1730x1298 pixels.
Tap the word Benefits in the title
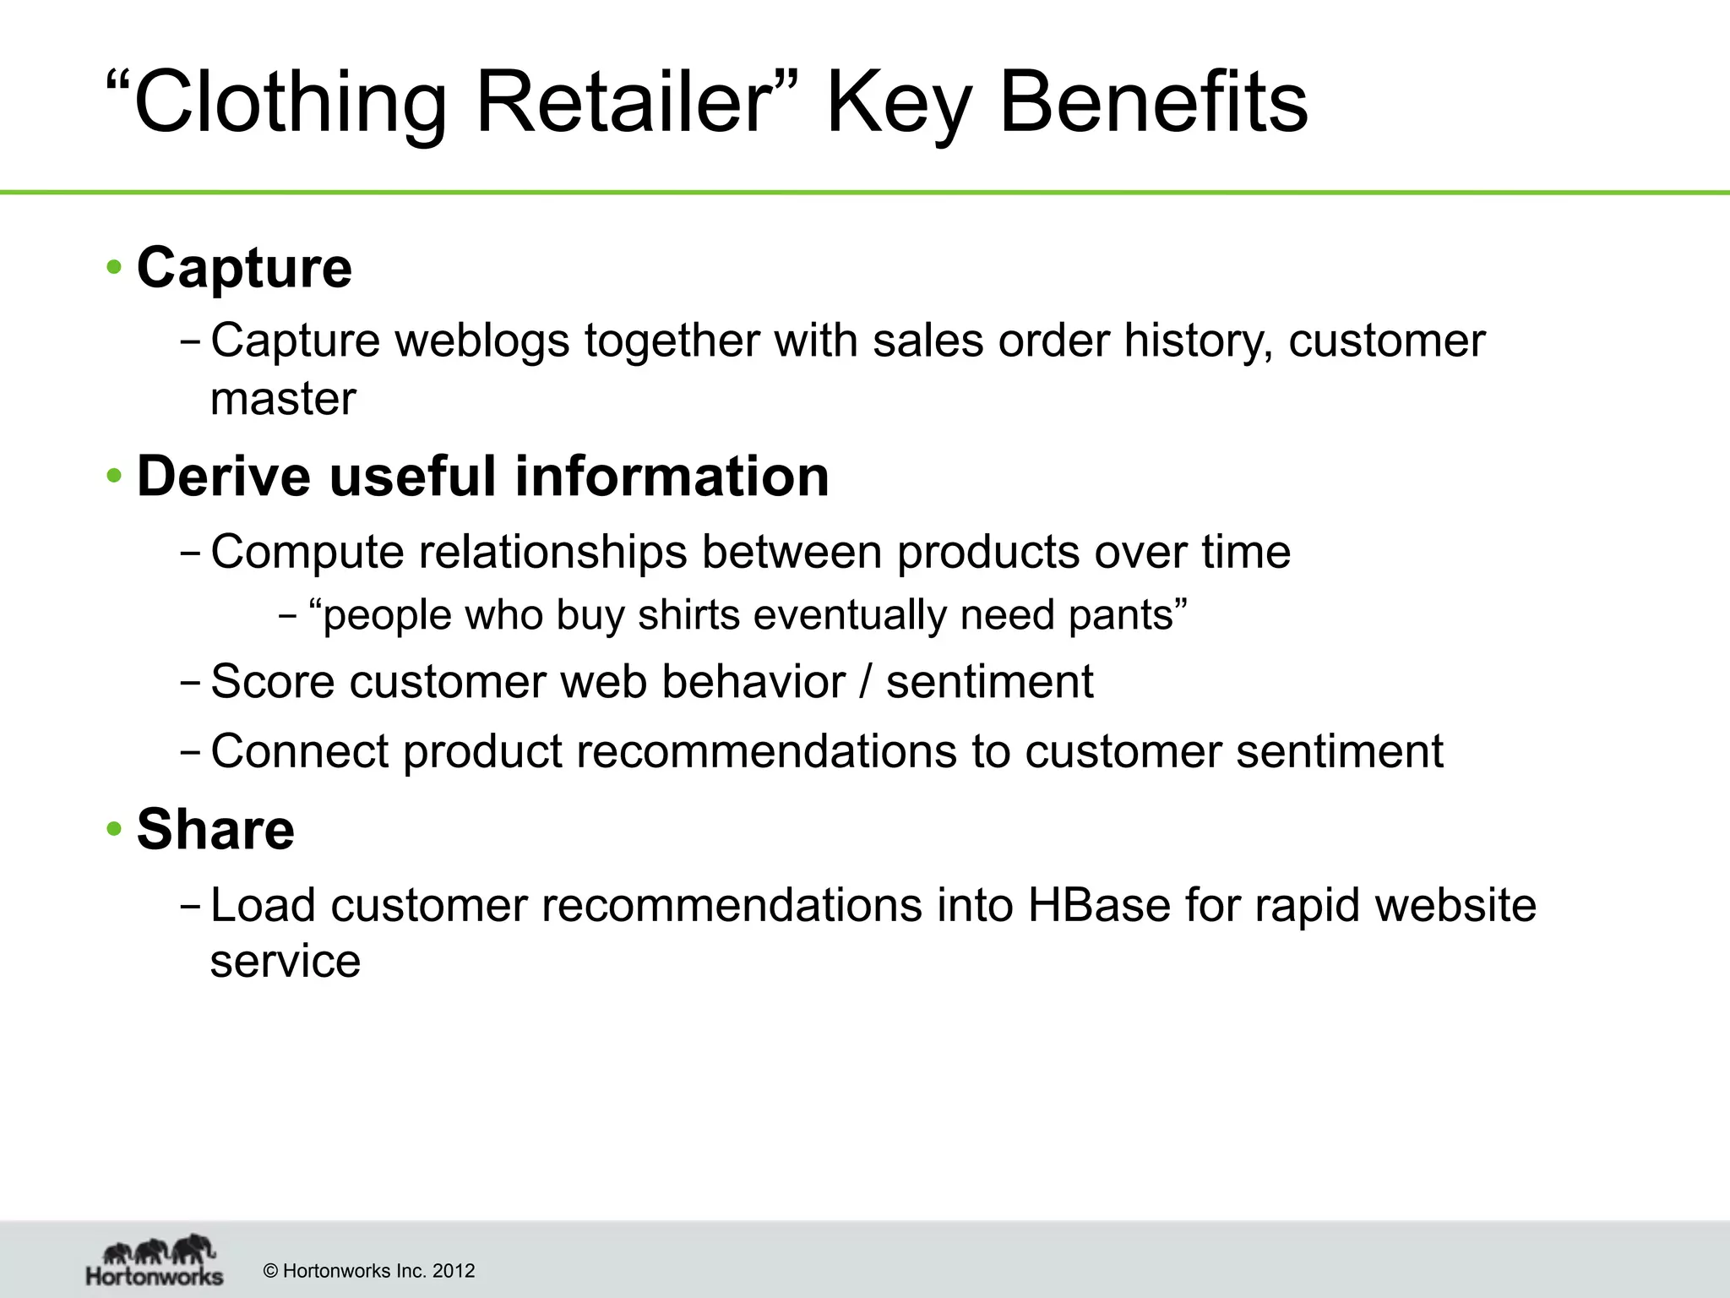point(1153,103)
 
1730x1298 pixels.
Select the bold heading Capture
point(244,268)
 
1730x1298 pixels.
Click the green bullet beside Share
point(114,829)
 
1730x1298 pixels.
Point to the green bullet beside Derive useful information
point(114,477)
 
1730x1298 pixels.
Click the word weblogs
point(482,341)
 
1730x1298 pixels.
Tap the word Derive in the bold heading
point(224,477)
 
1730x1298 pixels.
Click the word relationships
point(552,552)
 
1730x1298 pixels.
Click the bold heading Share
point(215,829)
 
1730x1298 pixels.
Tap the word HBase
point(1099,905)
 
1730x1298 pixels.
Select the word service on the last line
point(285,961)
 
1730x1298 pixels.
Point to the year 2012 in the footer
point(454,1271)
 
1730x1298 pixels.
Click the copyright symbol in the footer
point(271,1271)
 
